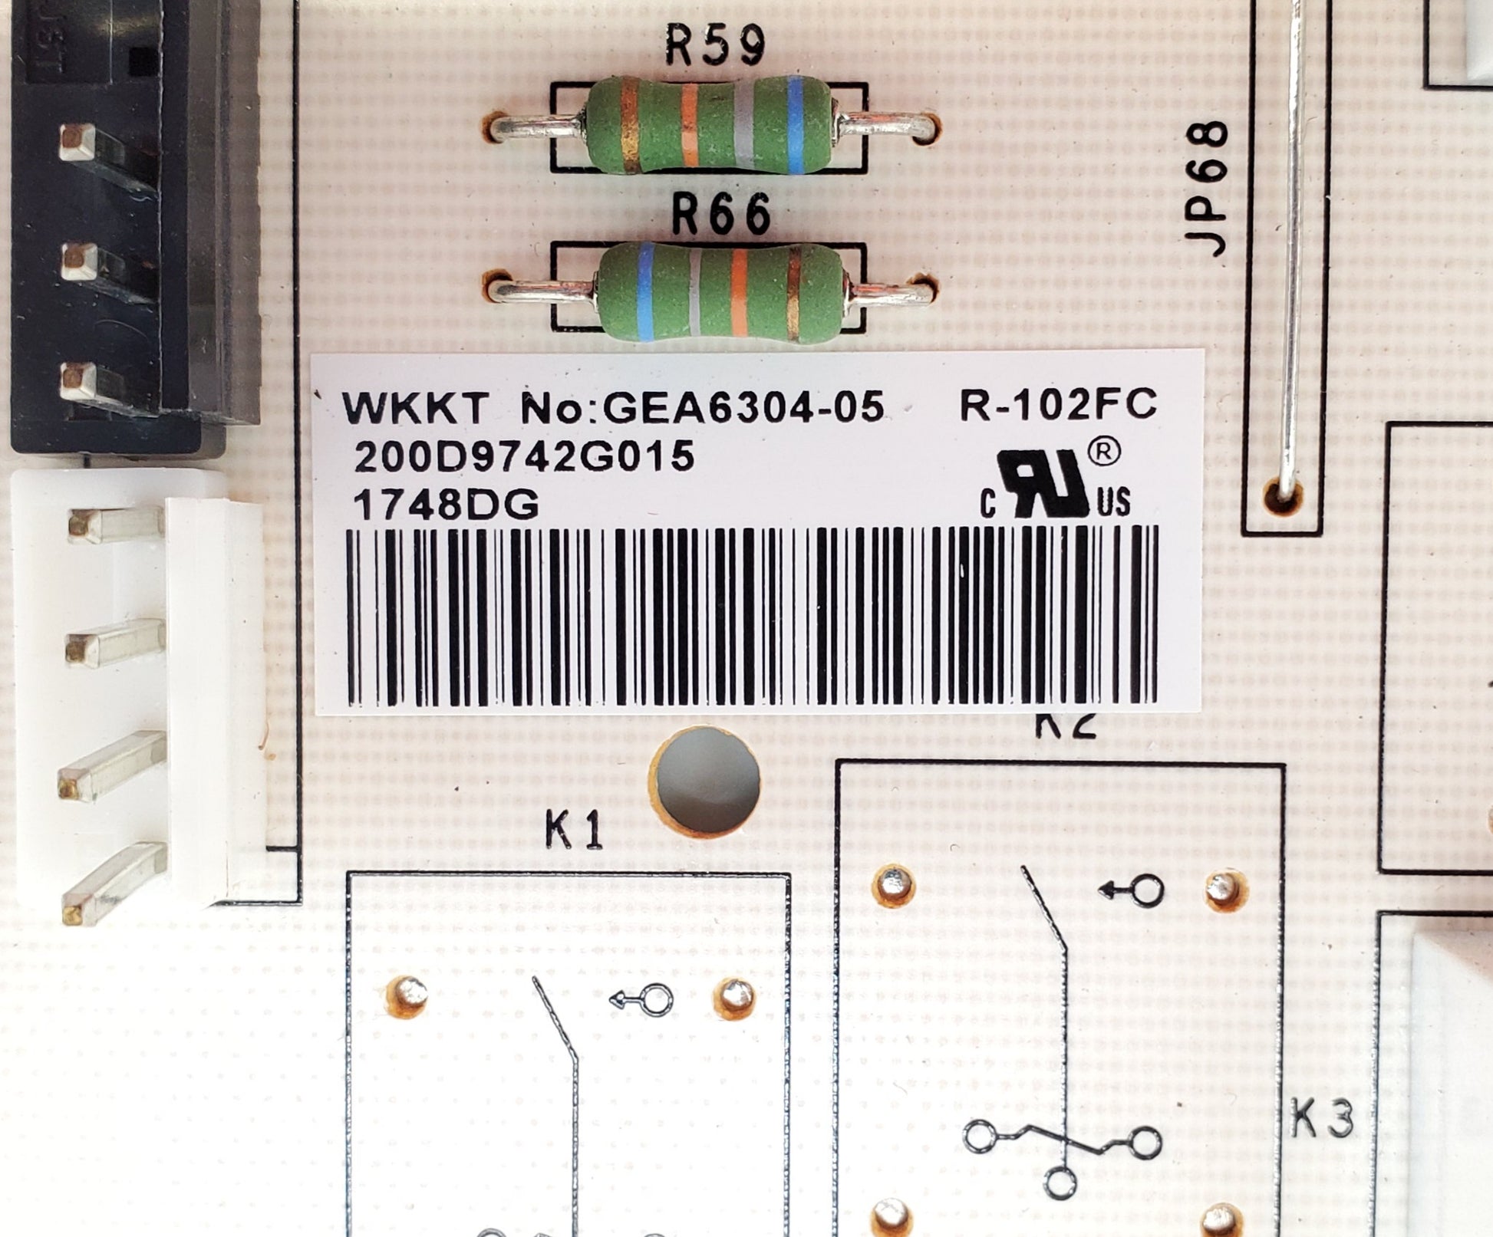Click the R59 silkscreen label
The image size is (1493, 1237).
(x=715, y=47)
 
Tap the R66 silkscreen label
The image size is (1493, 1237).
(x=721, y=215)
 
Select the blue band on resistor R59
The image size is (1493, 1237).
(x=795, y=123)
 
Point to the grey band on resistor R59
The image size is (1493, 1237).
(x=742, y=125)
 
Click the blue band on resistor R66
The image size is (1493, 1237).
(x=645, y=291)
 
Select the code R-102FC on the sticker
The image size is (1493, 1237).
(x=1058, y=404)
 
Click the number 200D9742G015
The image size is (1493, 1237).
(x=524, y=458)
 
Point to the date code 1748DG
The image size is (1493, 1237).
(x=446, y=505)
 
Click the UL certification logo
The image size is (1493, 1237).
(x=1055, y=485)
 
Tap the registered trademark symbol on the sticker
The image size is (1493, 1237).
(x=1103, y=453)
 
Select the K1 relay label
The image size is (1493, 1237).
(x=574, y=832)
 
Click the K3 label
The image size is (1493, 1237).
(x=1321, y=1122)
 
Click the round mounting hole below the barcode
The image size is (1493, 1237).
(x=705, y=780)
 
